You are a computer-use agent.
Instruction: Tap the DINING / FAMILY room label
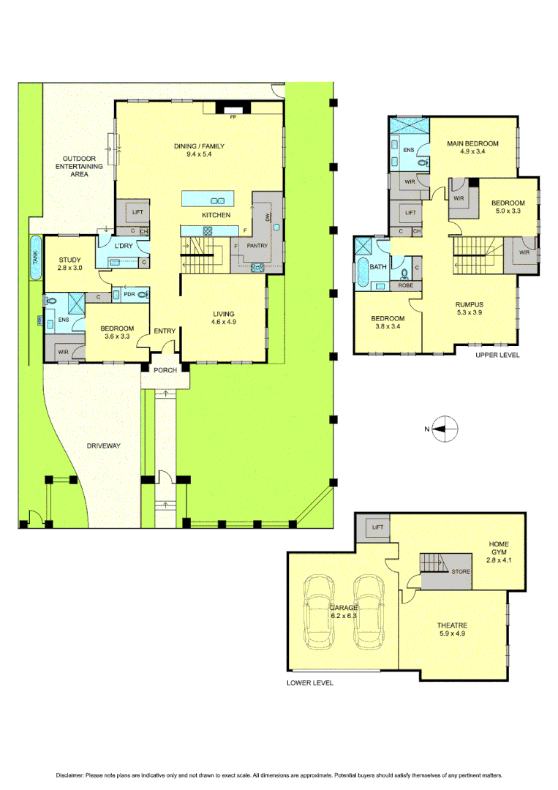coord(199,151)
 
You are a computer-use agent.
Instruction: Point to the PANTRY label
coord(257,246)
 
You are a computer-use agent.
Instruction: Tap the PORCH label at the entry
coord(165,370)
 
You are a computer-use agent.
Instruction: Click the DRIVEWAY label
coord(103,445)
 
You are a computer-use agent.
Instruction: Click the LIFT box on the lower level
coord(377,527)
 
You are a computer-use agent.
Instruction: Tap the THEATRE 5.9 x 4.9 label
coord(452,630)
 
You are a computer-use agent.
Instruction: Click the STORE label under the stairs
coord(460,572)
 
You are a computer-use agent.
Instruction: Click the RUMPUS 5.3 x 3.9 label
coord(469,309)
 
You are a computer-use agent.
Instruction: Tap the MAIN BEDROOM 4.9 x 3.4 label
coord(472,148)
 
